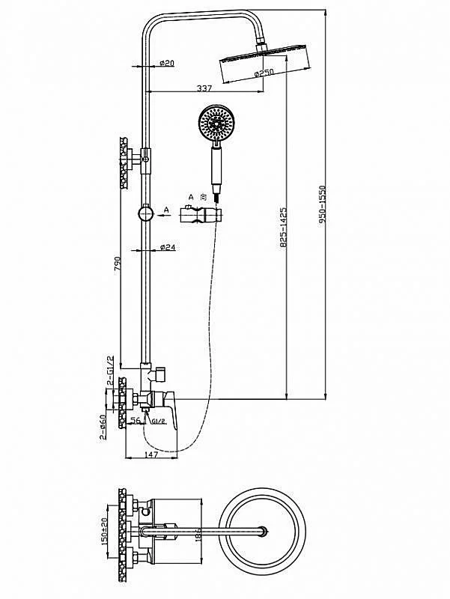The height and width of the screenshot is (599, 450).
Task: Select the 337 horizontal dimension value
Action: click(204, 88)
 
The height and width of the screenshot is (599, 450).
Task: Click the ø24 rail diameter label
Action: click(168, 248)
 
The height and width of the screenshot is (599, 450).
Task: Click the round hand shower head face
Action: click(218, 124)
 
